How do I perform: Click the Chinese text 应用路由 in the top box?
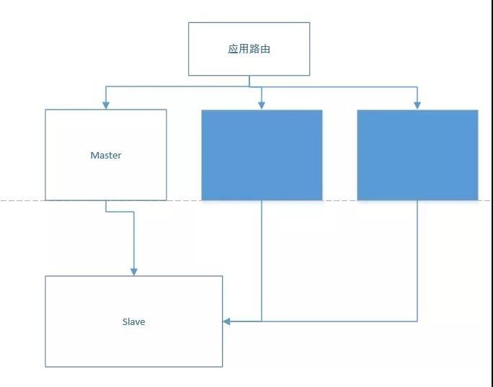coord(249,49)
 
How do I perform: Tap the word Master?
coord(106,155)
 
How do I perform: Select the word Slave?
coord(133,321)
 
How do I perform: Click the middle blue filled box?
coord(262,155)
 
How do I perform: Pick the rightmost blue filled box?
coord(417,155)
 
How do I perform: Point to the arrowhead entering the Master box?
coord(106,105)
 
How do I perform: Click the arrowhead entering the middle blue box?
coord(262,105)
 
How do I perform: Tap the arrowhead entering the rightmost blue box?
coord(417,105)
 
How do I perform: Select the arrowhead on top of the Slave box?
coord(134,272)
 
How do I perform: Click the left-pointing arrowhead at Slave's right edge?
coord(226,321)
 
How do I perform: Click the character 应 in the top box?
coord(233,49)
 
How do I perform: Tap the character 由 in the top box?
coord(265,49)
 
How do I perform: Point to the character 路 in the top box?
coord(254,49)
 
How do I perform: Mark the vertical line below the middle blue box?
coord(262,261)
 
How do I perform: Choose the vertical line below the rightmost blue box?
coord(417,261)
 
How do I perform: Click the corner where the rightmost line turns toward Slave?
coord(417,321)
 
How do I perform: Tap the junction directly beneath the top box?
coord(249,86)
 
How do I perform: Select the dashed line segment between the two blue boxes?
coord(339,200)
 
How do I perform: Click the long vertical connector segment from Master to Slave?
coord(134,241)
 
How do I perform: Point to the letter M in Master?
coord(94,155)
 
